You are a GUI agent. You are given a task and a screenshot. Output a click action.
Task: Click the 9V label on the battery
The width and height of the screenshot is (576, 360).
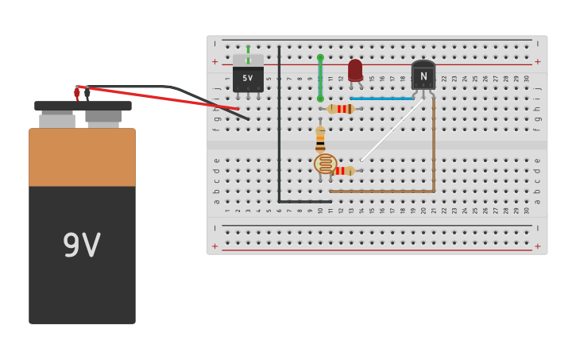click(82, 246)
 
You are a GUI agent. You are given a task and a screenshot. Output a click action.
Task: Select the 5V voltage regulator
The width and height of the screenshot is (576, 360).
click(248, 76)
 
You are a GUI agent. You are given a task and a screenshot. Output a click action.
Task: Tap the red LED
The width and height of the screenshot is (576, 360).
click(355, 70)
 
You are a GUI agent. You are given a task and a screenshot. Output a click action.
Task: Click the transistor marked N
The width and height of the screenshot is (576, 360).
click(423, 75)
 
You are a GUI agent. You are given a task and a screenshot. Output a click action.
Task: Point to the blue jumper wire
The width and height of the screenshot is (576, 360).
click(381, 99)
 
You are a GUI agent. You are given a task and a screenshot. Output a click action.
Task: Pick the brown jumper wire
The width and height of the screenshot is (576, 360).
click(433, 151)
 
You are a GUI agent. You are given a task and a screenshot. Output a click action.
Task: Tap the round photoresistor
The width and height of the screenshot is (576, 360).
click(325, 165)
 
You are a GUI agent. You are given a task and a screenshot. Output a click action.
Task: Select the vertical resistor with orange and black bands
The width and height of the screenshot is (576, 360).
click(320, 139)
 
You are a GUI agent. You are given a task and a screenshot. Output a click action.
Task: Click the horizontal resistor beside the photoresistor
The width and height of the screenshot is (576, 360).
click(345, 171)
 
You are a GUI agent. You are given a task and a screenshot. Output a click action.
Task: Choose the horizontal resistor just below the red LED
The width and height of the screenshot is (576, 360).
click(342, 109)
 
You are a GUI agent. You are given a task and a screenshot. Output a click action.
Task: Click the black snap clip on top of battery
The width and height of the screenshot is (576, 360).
click(83, 106)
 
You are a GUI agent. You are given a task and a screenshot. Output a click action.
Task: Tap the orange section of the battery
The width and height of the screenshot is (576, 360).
click(82, 157)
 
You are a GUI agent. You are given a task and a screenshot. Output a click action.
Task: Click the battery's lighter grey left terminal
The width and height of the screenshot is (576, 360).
click(57, 121)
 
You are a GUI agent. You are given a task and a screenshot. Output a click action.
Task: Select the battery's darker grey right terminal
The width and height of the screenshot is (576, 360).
click(103, 118)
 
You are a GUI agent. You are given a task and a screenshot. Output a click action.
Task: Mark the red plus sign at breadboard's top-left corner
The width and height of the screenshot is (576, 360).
click(215, 61)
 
